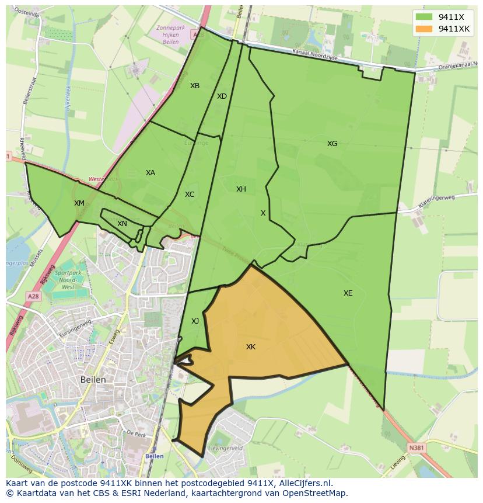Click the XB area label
[x=195, y=86]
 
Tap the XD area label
[x=222, y=96]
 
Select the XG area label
[x=332, y=144]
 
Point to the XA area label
[x=150, y=173]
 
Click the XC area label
[x=190, y=195]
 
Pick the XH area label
[x=241, y=189]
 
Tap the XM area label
[x=79, y=203]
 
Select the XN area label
[x=122, y=224]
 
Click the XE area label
[x=348, y=293]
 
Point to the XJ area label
[x=195, y=321]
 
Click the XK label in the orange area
[x=251, y=347]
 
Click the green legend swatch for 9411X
[x=424, y=17]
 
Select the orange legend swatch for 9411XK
[x=424, y=29]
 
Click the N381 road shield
[x=415, y=448]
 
